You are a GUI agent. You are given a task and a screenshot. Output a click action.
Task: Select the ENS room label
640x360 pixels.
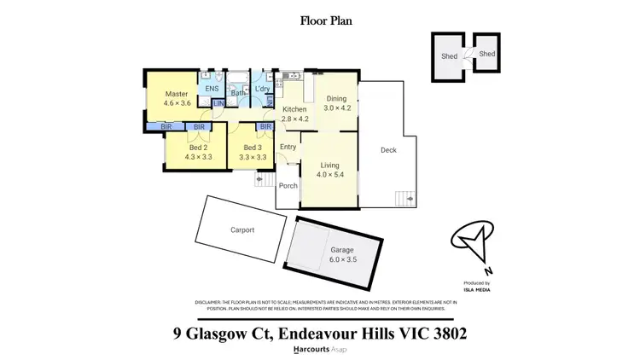point(212,88)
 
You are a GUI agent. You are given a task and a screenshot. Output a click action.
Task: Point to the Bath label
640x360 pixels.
point(238,93)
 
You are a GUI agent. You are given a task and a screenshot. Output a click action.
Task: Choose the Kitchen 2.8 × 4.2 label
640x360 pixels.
point(295,113)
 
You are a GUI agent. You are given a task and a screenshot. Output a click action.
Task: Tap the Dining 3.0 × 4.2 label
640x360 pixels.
point(337,103)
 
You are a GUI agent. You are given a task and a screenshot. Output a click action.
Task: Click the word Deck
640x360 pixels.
point(388,150)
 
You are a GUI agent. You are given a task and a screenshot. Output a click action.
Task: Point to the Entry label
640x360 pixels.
point(288,147)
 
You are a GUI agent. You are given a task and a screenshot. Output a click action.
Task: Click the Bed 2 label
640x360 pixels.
point(196,152)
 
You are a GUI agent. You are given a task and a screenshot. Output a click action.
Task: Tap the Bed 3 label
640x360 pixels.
point(253,152)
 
